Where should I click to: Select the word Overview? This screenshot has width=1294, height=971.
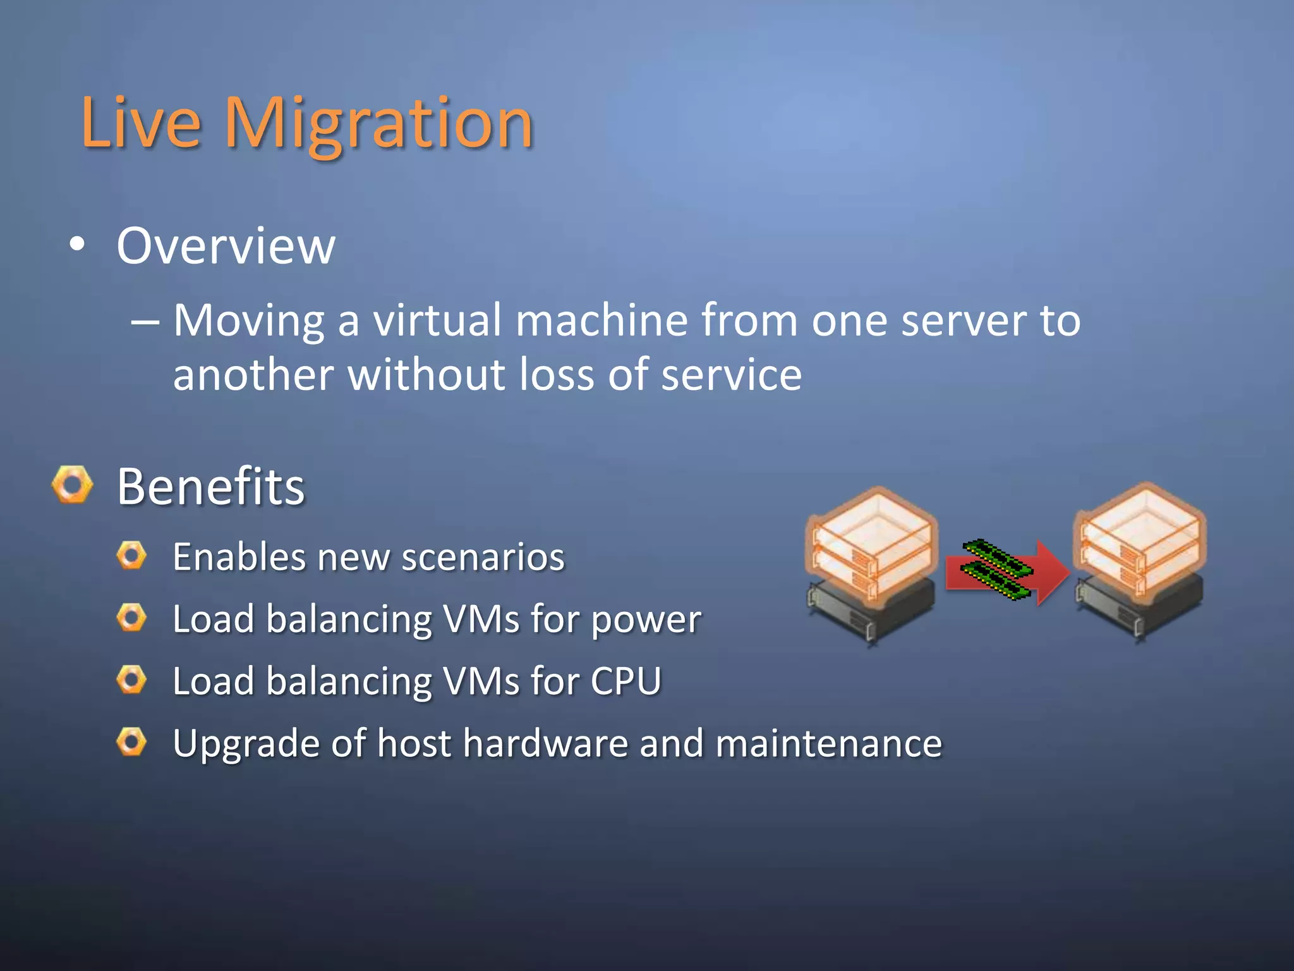(226, 246)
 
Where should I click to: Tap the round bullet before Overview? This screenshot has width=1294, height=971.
(76, 245)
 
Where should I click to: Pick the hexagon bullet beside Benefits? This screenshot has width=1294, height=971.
(72, 485)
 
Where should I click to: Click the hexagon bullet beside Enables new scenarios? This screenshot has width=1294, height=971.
(131, 556)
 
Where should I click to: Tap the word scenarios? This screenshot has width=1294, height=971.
(483, 558)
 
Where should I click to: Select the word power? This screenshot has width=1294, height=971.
(646, 620)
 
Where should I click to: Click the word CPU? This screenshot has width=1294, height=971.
(626, 681)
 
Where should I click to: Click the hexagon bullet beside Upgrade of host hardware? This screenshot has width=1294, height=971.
(131, 742)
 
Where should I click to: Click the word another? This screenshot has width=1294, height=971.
(253, 375)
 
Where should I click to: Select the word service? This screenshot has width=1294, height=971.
(731, 375)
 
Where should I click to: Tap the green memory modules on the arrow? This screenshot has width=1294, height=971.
(996, 568)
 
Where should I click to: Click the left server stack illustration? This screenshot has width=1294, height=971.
(871, 563)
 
